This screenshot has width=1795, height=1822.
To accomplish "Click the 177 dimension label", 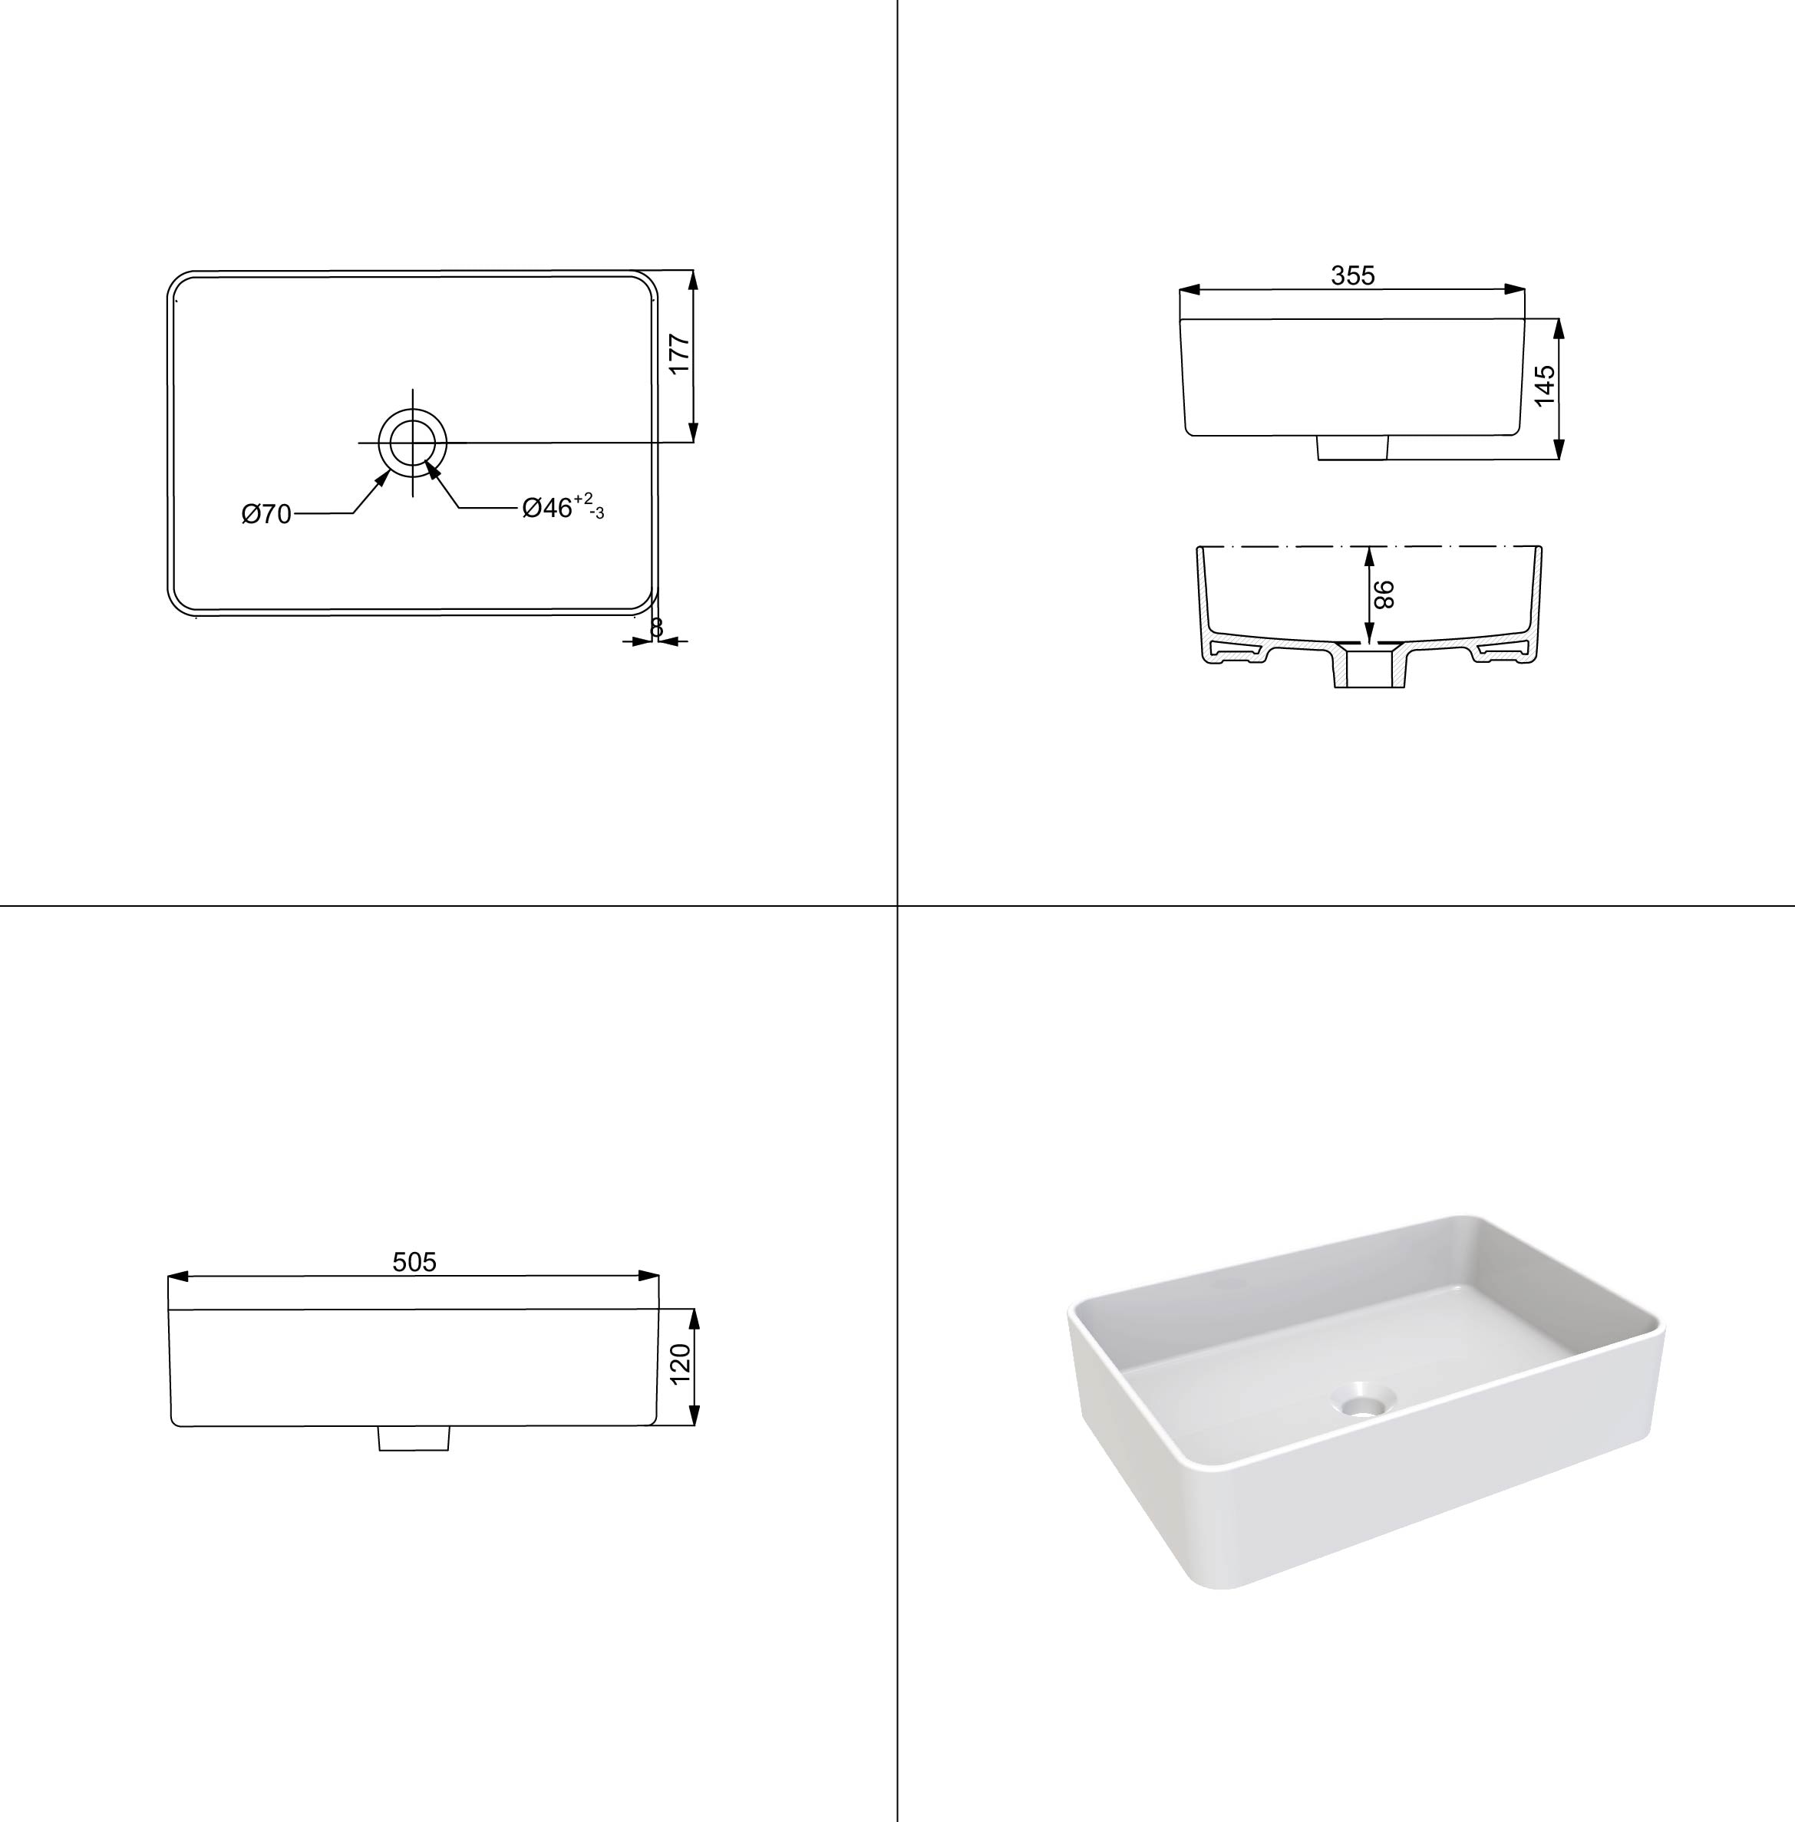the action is (x=680, y=354).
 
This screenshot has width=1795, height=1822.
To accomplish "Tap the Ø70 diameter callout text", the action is (x=267, y=514).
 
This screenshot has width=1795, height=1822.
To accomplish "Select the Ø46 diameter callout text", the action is (x=563, y=507).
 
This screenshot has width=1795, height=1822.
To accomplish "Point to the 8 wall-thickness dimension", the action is (x=657, y=627).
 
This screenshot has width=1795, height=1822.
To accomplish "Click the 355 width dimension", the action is (x=1352, y=275).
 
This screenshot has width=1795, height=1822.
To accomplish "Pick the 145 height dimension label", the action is (x=1544, y=386).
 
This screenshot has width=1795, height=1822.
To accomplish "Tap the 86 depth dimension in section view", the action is (x=1383, y=595).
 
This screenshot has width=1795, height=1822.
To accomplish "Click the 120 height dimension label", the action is (x=680, y=1365).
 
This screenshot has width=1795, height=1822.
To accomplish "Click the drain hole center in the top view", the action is (x=412, y=441).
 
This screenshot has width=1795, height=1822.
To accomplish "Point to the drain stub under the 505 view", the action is (x=414, y=1438).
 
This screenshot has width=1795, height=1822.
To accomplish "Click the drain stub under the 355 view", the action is (x=1352, y=448).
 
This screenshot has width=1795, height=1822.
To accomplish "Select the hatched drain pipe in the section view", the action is (x=1371, y=667).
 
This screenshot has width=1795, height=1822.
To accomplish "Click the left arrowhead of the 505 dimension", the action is (x=179, y=1277).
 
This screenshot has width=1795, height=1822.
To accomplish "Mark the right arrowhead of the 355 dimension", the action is (x=1514, y=289).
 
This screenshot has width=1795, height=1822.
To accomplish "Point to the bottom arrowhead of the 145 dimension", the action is (x=1559, y=449).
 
